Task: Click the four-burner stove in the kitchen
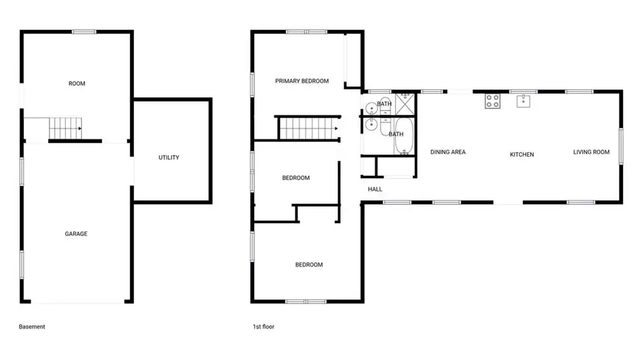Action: [x=493, y=101]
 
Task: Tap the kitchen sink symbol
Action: [x=523, y=101]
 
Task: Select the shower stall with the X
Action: [x=405, y=104]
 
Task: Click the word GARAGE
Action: [x=76, y=234]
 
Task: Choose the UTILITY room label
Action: [x=169, y=158]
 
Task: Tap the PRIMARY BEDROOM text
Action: [x=302, y=81]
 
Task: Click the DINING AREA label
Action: [x=448, y=152]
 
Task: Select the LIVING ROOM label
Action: [x=591, y=152]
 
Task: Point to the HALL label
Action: [x=375, y=190]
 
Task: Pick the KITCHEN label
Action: [x=521, y=155]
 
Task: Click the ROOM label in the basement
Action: [x=77, y=83]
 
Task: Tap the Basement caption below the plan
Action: [x=32, y=327]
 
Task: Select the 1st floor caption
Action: [x=264, y=327]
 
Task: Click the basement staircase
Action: [x=65, y=128]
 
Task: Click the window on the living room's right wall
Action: [x=621, y=147]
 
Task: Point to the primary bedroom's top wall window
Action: [x=307, y=31]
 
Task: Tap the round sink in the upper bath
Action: [x=371, y=108]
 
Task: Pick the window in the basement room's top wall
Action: [x=85, y=31]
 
